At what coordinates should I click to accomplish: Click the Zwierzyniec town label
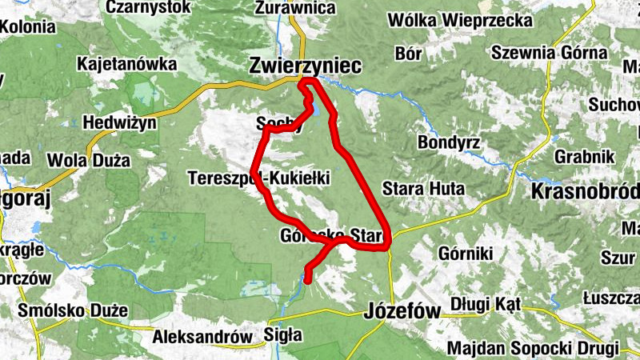pyautogui.click(x=306, y=65)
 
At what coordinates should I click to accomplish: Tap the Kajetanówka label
pyautogui.click(x=126, y=62)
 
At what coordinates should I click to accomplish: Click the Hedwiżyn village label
pyautogui.click(x=116, y=123)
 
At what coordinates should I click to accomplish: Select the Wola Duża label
pyautogui.click(x=89, y=160)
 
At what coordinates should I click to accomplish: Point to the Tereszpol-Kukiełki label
pyautogui.click(x=260, y=178)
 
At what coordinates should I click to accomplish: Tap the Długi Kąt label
pyautogui.click(x=486, y=304)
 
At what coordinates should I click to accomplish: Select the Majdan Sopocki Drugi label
pyautogui.click(x=533, y=349)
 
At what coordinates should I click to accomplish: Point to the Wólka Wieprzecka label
pyautogui.click(x=470, y=19)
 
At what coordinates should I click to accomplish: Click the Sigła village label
pyautogui.click(x=283, y=335)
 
